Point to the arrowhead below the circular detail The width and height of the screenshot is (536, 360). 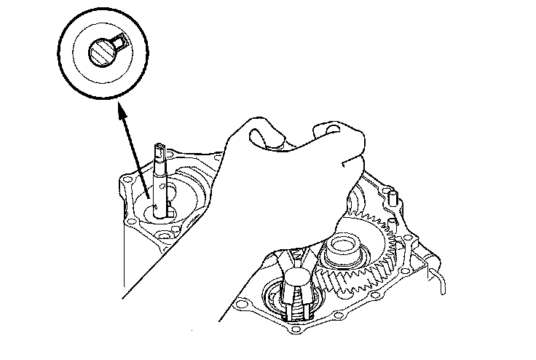[x=119, y=109]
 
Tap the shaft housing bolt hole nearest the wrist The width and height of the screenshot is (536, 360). [x=218, y=156]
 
